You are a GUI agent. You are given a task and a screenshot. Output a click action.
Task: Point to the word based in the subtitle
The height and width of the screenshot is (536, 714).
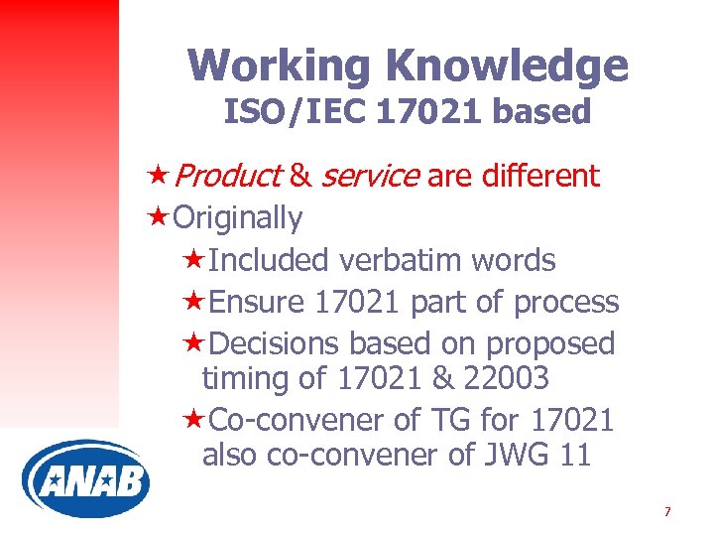click(541, 111)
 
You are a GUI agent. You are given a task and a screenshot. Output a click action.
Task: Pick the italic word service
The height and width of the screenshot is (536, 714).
click(370, 176)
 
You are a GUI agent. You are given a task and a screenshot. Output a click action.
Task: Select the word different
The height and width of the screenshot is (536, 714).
click(540, 176)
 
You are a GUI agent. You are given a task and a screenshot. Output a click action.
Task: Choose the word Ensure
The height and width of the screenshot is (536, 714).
click(259, 302)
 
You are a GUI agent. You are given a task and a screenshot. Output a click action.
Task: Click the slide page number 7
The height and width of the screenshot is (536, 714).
click(667, 512)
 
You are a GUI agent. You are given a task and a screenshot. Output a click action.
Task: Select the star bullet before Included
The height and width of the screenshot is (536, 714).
click(195, 260)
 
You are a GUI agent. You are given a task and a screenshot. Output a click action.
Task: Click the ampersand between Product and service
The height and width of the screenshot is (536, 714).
click(301, 176)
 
